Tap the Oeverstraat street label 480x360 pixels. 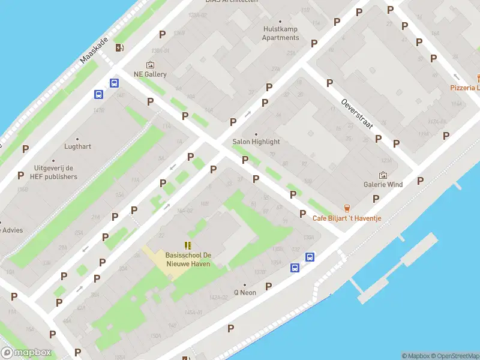coord(356,114)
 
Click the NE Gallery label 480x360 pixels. coord(150,74)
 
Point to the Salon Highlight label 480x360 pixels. coord(256,142)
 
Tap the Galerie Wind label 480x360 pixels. coord(383,185)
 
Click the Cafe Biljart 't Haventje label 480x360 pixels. coord(346,218)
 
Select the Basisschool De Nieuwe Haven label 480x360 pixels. coord(188,259)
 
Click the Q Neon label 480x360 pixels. coord(245,293)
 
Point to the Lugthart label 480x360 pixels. coord(78,146)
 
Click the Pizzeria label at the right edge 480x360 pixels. coord(466,88)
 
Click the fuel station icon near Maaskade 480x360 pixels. coord(119,48)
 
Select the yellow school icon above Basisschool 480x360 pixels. coord(188,245)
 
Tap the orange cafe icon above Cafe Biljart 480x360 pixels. coord(346,207)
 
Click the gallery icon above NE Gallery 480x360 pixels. coord(150,65)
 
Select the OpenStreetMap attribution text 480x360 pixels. coord(457,356)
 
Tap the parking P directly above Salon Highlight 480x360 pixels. coord(233,122)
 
